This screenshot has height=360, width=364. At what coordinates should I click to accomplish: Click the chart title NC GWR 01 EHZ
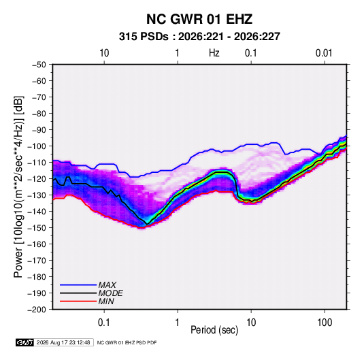tap(199, 19)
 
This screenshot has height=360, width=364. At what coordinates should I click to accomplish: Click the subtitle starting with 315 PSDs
tap(199, 37)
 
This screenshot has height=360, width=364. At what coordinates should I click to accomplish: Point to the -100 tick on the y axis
tap(37, 146)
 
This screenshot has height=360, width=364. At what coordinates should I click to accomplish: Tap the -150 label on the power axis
tap(37, 228)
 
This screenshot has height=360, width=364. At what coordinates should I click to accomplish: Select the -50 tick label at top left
tap(39, 65)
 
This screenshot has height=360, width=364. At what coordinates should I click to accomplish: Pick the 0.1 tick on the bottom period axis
tap(104, 323)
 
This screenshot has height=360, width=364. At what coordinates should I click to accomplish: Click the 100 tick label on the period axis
tap(325, 323)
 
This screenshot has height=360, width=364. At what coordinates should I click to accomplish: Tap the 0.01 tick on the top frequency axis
tap(324, 53)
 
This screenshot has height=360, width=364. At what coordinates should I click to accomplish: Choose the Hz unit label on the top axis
tap(214, 53)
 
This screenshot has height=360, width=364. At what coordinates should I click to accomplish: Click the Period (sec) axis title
tap(214, 330)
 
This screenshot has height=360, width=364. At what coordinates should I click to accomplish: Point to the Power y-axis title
tap(18, 187)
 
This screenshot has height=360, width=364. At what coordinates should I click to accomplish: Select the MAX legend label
tap(107, 285)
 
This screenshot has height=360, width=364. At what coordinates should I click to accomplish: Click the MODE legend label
tap(110, 293)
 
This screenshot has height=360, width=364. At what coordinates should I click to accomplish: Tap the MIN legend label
tap(106, 301)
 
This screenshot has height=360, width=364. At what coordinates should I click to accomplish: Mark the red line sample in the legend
tap(78, 301)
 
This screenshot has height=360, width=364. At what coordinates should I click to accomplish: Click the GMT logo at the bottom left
tap(24, 342)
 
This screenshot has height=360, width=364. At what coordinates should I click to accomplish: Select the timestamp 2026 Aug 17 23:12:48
tap(63, 342)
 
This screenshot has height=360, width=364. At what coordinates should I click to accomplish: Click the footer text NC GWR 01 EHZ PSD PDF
tap(127, 342)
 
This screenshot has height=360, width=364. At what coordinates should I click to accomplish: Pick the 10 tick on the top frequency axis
tap(104, 53)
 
